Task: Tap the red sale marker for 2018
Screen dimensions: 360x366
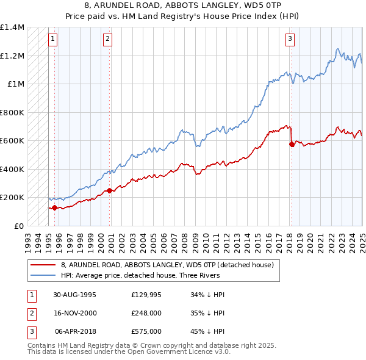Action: (x=292, y=145)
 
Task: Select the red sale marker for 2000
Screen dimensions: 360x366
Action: (x=110, y=191)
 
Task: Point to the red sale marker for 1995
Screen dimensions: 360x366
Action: (x=54, y=207)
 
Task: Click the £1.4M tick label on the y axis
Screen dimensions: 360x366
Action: (x=12, y=27)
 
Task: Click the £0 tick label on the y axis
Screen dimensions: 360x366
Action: (x=20, y=226)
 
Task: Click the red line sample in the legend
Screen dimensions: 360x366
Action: (x=43, y=265)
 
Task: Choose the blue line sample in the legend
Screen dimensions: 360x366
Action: (x=43, y=275)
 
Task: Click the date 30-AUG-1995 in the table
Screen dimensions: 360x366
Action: (x=74, y=295)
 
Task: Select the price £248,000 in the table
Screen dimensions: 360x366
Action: (x=146, y=314)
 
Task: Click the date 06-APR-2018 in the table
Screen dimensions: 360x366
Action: (x=75, y=332)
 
